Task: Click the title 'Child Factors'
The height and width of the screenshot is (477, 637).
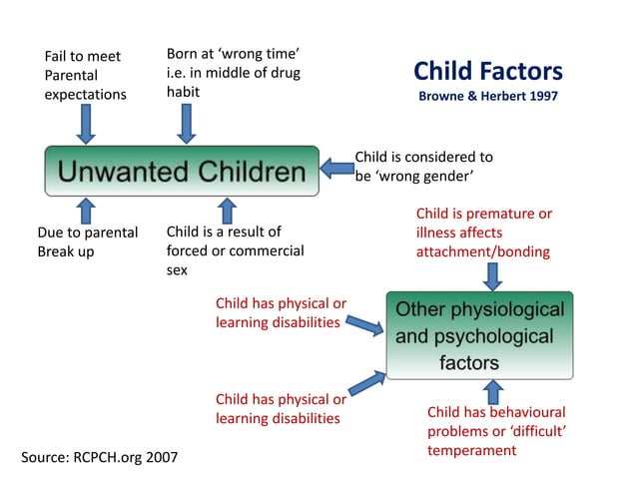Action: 487,71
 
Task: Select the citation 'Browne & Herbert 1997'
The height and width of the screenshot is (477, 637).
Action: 487,97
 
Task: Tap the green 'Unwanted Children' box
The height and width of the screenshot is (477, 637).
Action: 181,172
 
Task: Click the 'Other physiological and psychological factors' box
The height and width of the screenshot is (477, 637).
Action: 479,335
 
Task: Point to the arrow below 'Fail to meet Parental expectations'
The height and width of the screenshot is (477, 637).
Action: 86,124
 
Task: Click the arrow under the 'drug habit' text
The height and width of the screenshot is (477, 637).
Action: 187,124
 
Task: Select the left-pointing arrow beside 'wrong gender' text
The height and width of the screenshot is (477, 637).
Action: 337,168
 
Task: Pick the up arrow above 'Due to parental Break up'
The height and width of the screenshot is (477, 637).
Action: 86,210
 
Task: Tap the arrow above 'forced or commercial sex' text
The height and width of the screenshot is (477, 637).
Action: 228,210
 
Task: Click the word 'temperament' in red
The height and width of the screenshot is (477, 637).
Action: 471,450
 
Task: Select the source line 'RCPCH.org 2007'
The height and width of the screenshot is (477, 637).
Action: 100,457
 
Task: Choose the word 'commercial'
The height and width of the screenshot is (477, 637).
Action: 267,250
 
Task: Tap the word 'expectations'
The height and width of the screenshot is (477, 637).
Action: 85,95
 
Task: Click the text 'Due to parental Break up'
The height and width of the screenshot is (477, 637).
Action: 87,241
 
